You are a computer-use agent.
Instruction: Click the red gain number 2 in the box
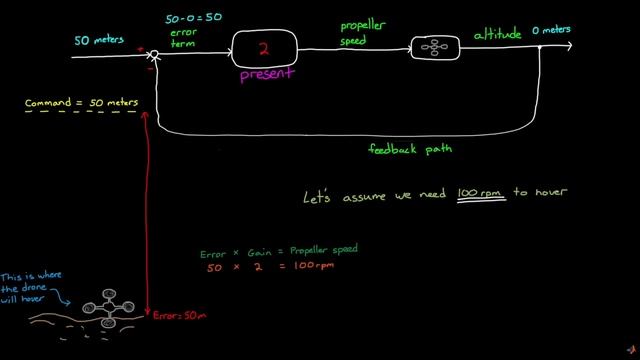265,47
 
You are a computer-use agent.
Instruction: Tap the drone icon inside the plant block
429,46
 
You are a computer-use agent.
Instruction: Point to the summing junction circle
155,56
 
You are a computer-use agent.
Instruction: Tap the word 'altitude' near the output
499,35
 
